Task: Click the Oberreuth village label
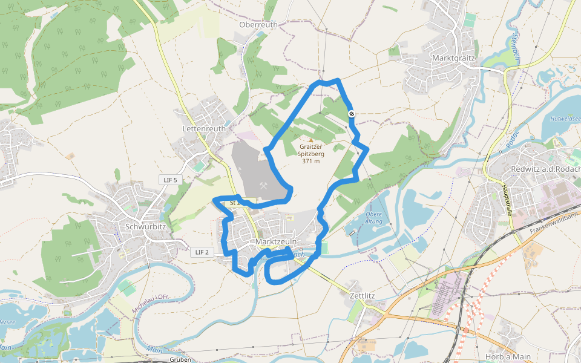tap(258, 25)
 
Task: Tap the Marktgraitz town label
tap(455, 57)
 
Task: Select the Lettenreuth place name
tap(204, 129)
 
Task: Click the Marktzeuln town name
tap(276, 241)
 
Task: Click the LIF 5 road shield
tap(171, 180)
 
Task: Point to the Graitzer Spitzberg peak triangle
tap(311, 140)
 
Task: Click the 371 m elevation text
tap(311, 161)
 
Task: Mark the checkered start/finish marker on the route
tap(351, 114)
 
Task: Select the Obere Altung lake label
tap(374, 218)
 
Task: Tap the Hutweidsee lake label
tap(564, 119)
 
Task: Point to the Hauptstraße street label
tap(508, 200)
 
